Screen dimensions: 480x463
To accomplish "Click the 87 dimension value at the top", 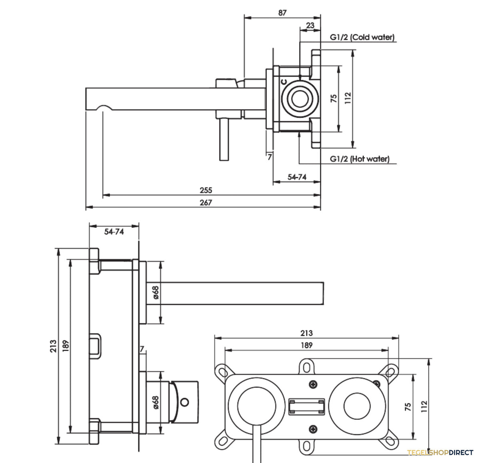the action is pos(282,12).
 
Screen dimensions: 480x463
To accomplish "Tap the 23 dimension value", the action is pos(310,26).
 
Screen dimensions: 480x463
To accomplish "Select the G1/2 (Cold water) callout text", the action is pos(362,37).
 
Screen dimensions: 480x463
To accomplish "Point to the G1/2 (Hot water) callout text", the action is pos(360,159).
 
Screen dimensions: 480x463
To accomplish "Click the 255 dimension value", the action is pos(206,190).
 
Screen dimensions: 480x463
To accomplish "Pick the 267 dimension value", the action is pos(206,202).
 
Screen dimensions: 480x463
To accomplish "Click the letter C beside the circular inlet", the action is pos(284,82).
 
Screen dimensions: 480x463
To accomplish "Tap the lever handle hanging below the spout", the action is pos(224,140).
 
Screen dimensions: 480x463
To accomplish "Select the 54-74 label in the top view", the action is pos(297,177).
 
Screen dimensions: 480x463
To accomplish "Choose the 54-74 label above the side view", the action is pos(114,231).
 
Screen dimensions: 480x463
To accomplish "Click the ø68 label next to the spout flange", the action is pos(156,292).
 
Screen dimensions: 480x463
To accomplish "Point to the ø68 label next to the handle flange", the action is pos(156,403).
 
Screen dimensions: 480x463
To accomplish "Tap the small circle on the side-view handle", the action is pos(184,402).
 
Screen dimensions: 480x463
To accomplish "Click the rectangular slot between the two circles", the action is pos(306,407).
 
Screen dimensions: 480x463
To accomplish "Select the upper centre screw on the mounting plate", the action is pos(313,384).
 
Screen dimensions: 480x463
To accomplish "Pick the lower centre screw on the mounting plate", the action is pos(313,429).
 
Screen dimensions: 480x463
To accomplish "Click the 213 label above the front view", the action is pos(306,333).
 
